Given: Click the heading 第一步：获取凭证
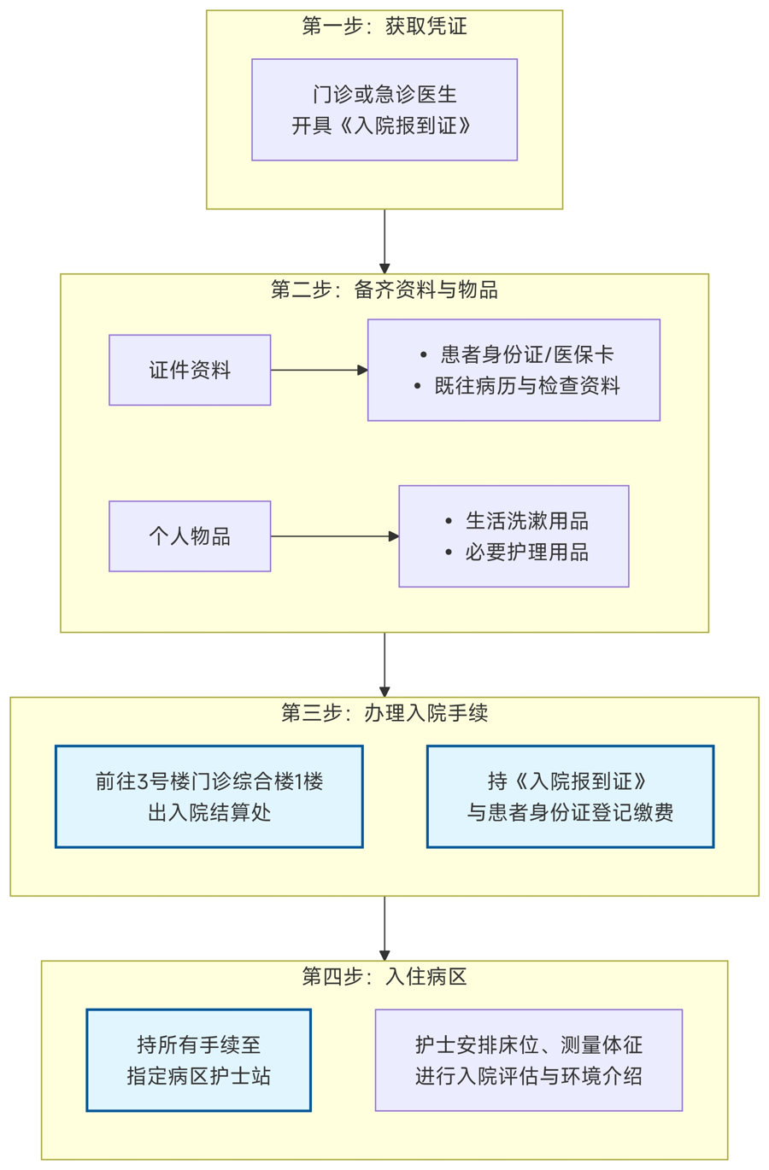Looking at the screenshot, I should point(384,26).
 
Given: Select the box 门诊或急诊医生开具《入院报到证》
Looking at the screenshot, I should point(384,109).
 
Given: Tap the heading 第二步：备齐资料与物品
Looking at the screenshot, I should point(384,290).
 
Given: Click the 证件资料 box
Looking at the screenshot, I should point(190,370).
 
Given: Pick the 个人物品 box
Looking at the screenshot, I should point(190,536).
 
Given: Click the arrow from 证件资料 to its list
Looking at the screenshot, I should point(319,370).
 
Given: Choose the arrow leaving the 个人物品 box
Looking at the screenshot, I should point(334,536).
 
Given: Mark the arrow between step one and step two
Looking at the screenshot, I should point(384,241).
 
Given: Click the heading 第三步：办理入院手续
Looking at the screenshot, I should point(384,713).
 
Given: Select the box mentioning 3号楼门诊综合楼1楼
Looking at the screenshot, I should point(209,797).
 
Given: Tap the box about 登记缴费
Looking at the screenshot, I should point(570,797).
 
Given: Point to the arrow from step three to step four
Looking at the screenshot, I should point(384,927).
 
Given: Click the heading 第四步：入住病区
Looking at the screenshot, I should point(384,976).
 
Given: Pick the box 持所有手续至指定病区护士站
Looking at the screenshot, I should point(198,1060).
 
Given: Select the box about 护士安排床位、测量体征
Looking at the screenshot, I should point(529,1060).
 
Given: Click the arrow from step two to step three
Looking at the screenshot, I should point(384,664).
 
